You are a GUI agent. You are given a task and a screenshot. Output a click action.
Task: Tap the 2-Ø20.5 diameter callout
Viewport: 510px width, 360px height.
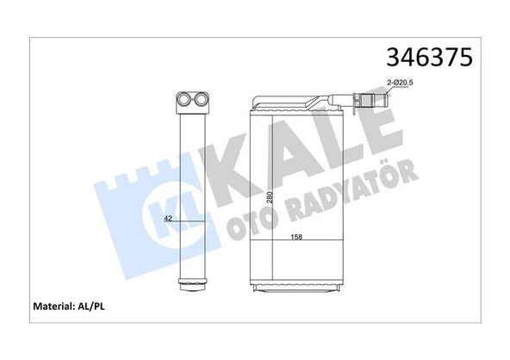[x=401, y=82]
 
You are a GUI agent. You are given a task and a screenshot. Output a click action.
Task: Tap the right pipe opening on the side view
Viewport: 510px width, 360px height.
[x=202, y=101]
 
